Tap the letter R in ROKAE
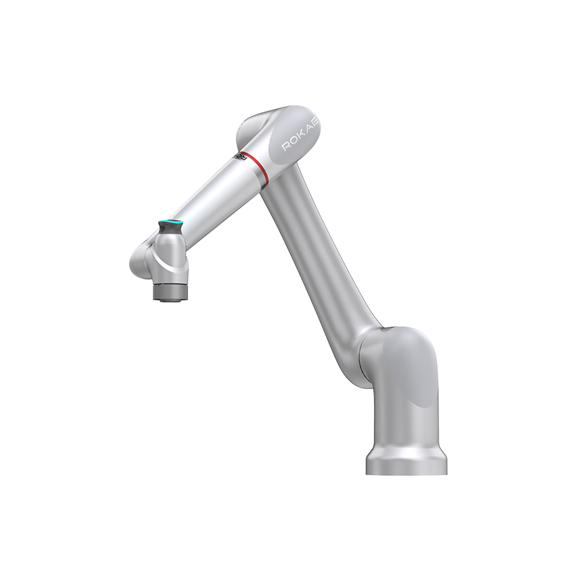(x=285, y=147)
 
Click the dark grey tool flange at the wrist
(x=170, y=292)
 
